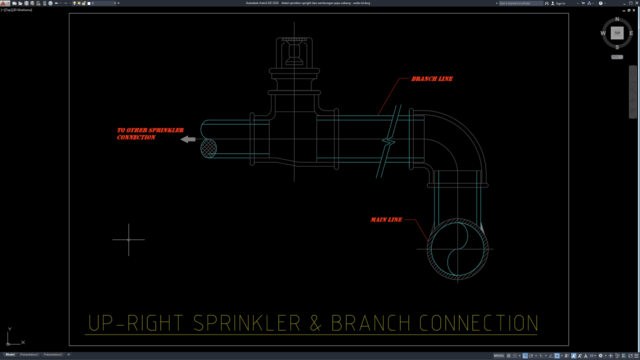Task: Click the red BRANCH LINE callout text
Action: click(432, 78)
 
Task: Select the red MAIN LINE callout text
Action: click(386, 219)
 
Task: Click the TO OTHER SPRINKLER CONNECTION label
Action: click(143, 133)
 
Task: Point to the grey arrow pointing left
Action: click(188, 140)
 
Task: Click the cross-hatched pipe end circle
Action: click(209, 147)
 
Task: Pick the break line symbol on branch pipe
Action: click(392, 142)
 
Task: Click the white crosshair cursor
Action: click(128, 239)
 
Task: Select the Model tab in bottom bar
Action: click(11, 354)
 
